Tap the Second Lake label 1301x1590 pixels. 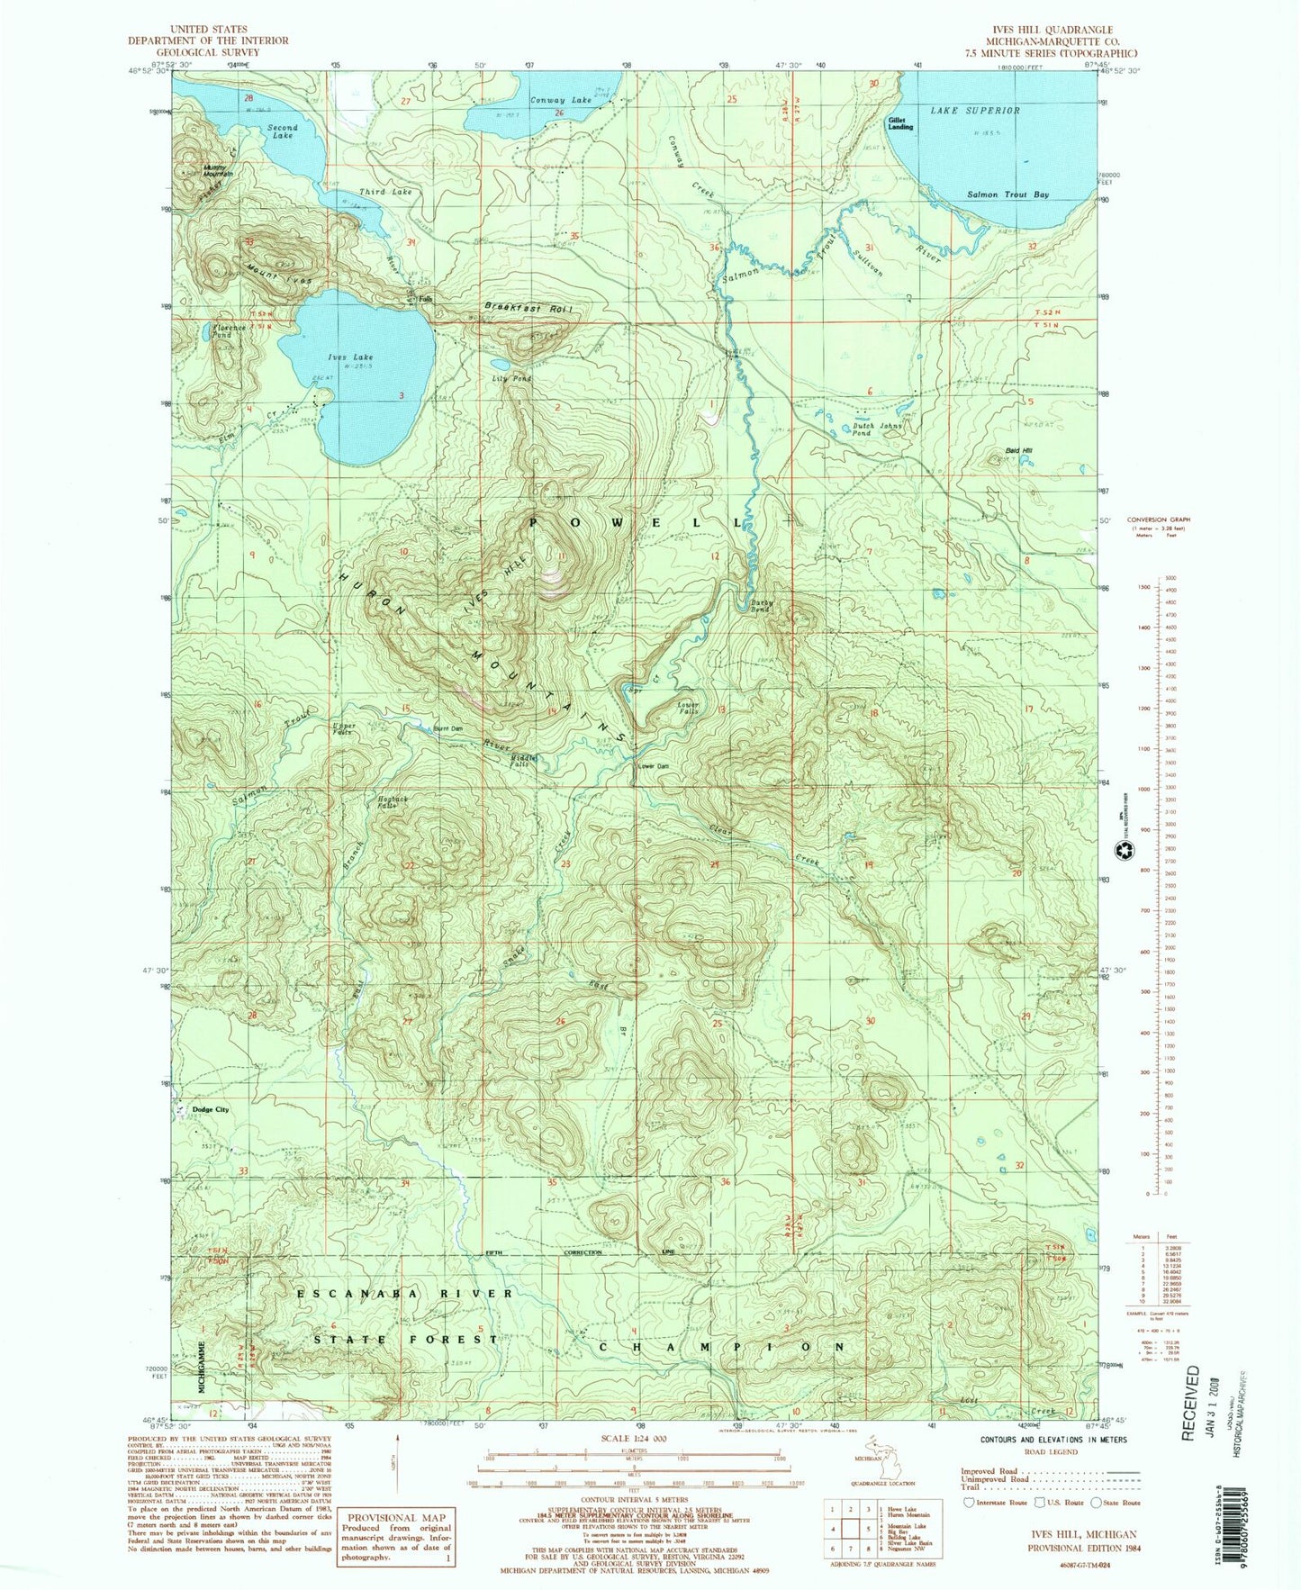(x=281, y=131)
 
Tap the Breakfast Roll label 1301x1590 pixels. (x=529, y=308)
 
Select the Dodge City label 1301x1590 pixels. (x=210, y=1109)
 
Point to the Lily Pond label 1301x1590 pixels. (x=511, y=379)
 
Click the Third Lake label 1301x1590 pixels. (x=385, y=192)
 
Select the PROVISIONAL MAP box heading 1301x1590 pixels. (x=391, y=1517)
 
